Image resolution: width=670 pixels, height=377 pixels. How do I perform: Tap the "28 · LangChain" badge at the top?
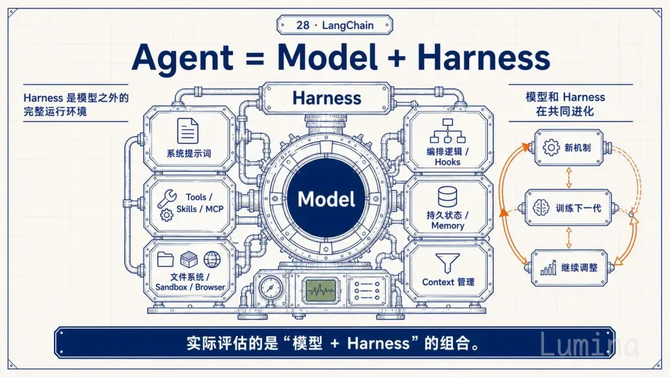coord(334,25)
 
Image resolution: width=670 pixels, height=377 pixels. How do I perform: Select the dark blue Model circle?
coord(326,199)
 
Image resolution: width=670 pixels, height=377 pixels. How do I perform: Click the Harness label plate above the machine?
coord(327,98)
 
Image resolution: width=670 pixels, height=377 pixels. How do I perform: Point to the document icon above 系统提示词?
coord(188,131)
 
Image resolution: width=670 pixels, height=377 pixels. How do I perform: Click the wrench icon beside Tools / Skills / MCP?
coord(167,198)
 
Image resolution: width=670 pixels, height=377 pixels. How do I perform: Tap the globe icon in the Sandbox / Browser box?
coord(212,259)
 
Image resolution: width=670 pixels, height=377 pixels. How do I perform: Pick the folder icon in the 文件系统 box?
coord(166,259)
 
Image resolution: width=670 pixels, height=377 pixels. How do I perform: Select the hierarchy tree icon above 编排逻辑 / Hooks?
coord(447,131)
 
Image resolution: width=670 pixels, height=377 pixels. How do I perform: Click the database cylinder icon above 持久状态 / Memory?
coord(447,197)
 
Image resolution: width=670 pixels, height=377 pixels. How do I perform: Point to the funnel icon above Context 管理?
coord(448,263)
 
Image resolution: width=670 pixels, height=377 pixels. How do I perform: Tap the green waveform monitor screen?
coord(321,291)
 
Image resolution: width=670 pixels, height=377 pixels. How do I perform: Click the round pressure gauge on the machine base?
coord(270,288)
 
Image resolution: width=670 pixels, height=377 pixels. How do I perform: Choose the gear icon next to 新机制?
coord(552,148)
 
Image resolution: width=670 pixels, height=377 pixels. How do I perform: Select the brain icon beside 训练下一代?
coord(541,208)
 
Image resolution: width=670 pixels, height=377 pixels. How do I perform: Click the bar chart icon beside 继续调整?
coord(548,268)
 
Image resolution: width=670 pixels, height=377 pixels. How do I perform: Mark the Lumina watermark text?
coord(589,344)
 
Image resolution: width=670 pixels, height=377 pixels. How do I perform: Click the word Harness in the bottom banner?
coord(378,344)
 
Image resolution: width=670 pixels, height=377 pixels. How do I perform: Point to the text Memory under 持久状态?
coord(447,226)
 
